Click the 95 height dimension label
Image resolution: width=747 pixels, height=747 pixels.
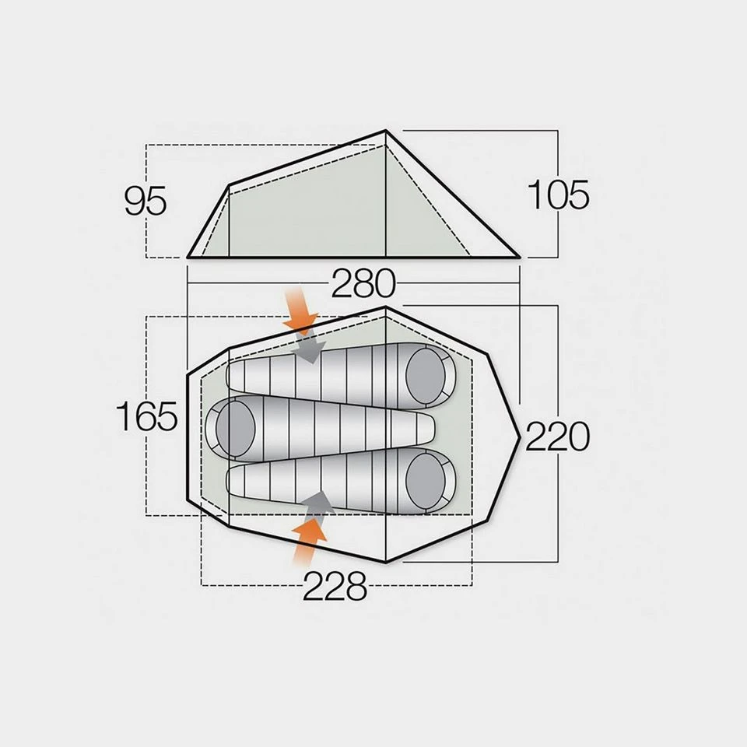[x=146, y=202]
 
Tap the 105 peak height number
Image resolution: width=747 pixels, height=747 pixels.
[x=558, y=195]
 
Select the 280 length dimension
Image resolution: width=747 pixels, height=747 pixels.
[x=363, y=285]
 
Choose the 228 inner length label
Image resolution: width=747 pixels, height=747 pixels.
[x=335, y=586]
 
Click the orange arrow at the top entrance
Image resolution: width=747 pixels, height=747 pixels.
[x=300, y=310]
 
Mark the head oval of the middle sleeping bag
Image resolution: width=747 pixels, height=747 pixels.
[x=234, y=426]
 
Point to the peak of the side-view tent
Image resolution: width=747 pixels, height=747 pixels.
[x=387, y=132]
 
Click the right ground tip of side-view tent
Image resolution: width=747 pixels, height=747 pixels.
[x=518, y=256]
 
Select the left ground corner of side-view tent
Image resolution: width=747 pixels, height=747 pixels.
[x=188, y=256]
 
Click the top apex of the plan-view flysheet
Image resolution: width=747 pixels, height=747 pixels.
[x=387, y=307]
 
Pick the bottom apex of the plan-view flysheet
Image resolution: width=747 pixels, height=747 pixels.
[x=387, y=562]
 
